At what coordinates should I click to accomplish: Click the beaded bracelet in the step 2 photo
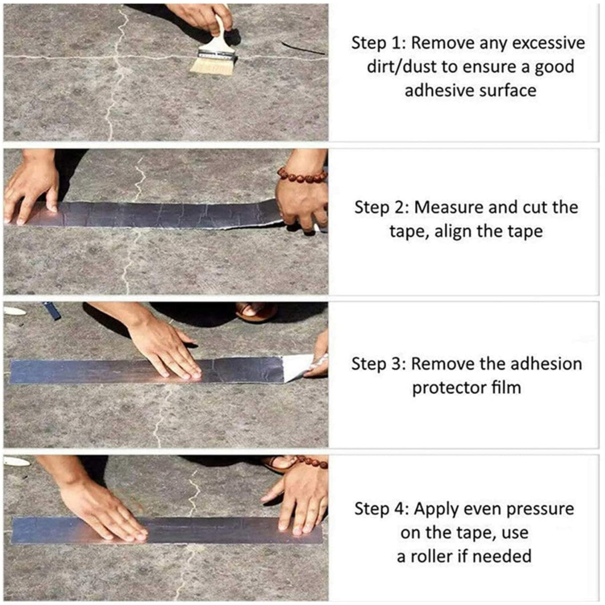click(301, 175)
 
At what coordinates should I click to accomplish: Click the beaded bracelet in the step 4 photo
click(313, 462)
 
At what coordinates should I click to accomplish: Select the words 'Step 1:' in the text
click(378, 43)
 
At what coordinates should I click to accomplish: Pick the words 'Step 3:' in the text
click(378, 363)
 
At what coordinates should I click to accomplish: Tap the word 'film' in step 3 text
click(505, 387)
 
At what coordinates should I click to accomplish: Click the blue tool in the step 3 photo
click(52, 310)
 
